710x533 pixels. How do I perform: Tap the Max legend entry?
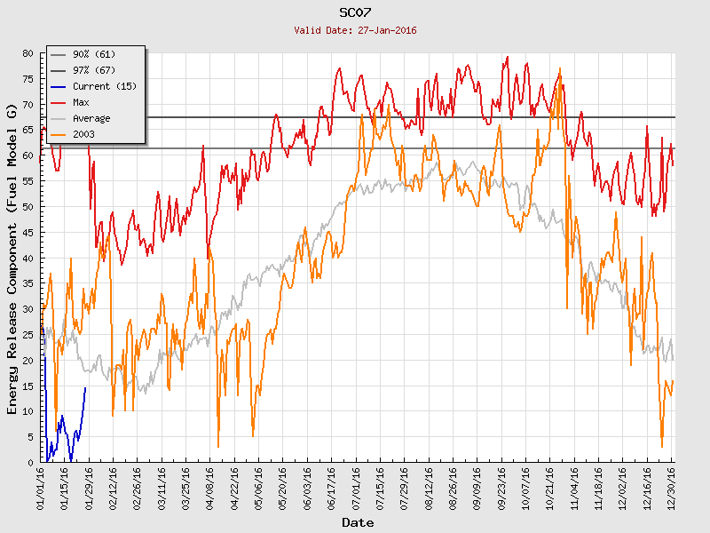(x=80, y=103)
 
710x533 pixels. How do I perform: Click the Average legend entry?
(x=91, y=119)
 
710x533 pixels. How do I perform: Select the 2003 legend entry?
(x=83, y=135)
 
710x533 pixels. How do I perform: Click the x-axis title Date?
(x=358, y=523)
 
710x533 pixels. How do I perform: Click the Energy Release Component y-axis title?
(x=12, y=258)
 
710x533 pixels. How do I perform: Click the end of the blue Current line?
(x=86, y=386)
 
